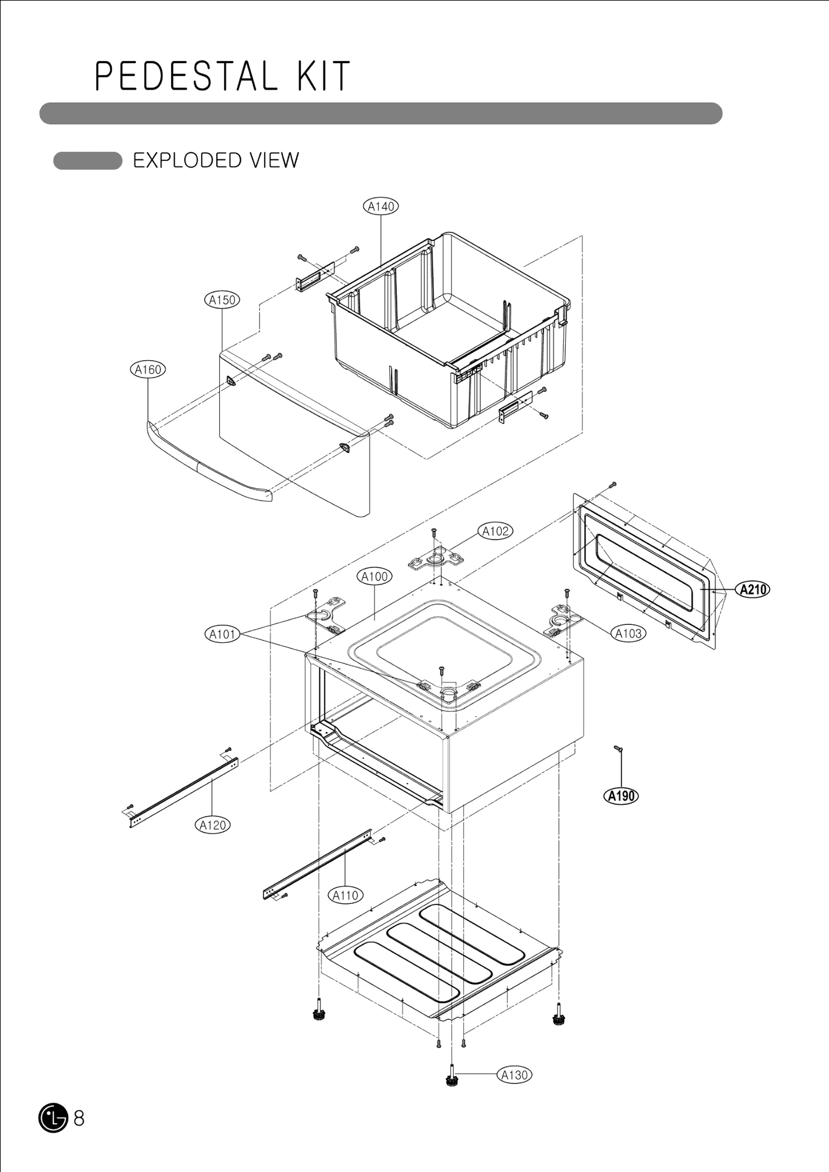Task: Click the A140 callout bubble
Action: (381, 207)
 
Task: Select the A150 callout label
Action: (222, 300)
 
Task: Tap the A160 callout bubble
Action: (148, 370)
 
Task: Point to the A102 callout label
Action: (496, 531)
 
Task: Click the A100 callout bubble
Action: (375, 576)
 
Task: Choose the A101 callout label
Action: (222, 634)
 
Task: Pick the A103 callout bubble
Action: (628, 633)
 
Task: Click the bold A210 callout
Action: (753, 590)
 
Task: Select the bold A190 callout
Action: (621, 796)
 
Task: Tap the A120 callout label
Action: (213, 825)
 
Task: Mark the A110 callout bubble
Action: (346, 895)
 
